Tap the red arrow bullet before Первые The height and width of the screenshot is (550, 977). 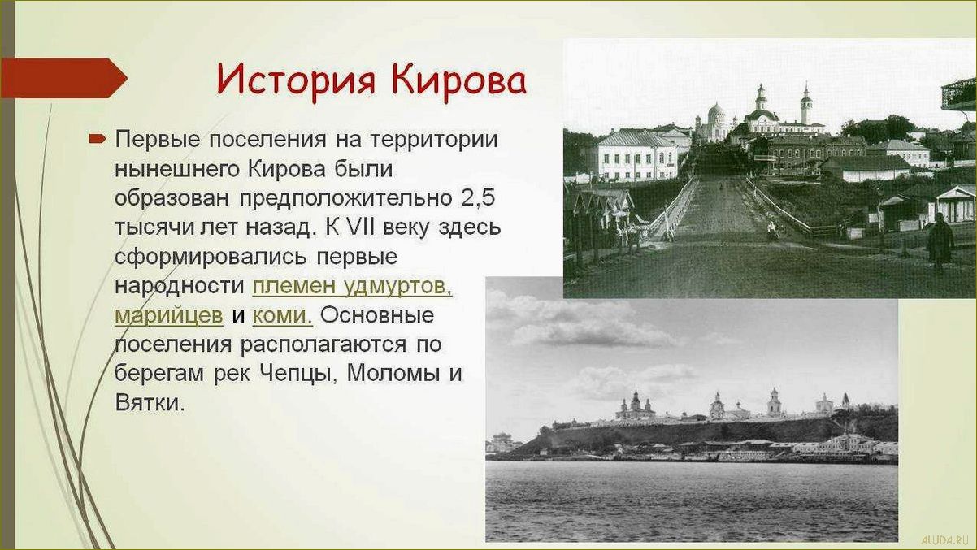click(x=98, y=140)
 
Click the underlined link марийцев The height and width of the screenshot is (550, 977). click(x=168, y=315)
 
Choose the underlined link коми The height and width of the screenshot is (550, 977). click(x=282, y=315)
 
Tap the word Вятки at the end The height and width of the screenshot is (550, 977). click(x=150, y=402)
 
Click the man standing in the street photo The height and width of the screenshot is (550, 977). click(x=940, y=240)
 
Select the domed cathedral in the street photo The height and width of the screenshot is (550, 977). click(x=716, y=122)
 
